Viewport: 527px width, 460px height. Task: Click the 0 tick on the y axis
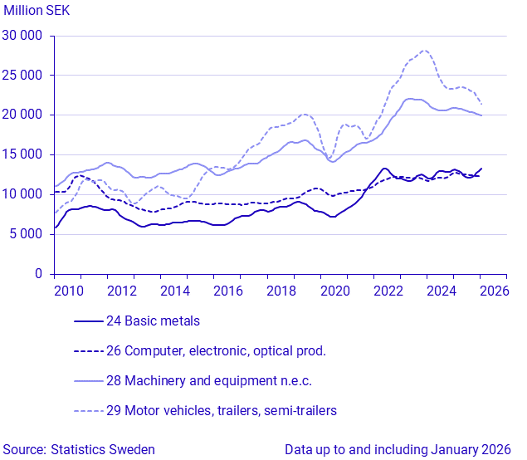[38, 274]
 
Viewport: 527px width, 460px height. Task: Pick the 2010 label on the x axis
[68, 292]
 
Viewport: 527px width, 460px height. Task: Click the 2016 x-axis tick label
[228, 292]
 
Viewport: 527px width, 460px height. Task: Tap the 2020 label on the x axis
[334, 292]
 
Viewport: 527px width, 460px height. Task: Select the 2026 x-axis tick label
[494, 292]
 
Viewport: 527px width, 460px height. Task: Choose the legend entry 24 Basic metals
[153, 321]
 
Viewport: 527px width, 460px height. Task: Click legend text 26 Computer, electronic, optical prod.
[215, 350]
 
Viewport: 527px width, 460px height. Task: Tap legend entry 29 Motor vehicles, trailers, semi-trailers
[221, 410]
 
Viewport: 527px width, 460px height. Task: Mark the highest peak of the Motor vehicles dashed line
[425, 51]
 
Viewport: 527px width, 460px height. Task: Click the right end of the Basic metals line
[481, 169]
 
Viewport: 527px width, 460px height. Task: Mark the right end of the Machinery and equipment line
[481, 115]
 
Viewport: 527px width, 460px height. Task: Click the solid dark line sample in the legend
[88, 321]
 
